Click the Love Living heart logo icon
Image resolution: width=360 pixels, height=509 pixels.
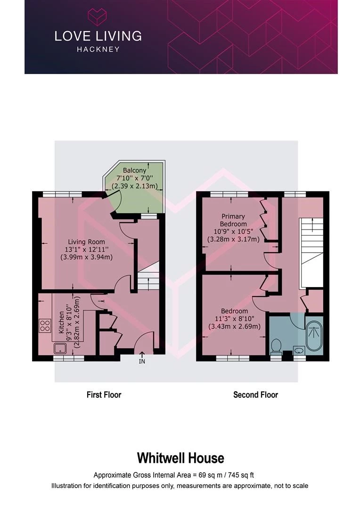[98, 17]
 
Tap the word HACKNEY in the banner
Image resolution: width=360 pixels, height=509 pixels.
[98, 49]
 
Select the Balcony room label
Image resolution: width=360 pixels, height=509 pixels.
[135, 170]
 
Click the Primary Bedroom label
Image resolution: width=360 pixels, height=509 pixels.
[234, 220]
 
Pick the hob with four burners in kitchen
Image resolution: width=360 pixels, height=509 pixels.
[45, 325]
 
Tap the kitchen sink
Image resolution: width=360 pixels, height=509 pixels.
[60, 348]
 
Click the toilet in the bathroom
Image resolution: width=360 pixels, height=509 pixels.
[276, 346]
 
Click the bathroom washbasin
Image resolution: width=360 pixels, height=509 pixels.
[298, 350]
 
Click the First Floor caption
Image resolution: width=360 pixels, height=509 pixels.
[104, 394]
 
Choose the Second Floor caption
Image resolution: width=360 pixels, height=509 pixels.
[255, 394]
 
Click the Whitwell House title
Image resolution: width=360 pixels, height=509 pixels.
[180, 458]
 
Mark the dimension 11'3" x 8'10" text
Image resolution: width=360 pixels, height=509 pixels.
[234, 319]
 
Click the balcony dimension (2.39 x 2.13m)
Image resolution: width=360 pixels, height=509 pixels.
[135, 186]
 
